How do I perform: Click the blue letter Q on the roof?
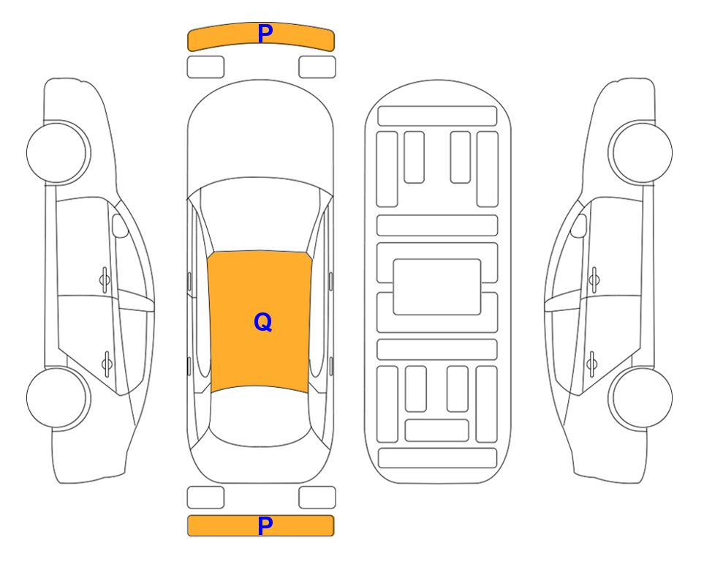[263, 322]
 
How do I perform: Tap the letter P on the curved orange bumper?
[265, 34]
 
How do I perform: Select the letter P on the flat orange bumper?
[265, 525]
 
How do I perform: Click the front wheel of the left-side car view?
[58, 152]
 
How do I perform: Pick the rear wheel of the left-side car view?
[58, 397]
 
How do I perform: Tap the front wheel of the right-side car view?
[641, 152]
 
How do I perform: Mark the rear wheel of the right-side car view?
[641, 397]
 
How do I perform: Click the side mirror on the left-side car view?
[119, 225]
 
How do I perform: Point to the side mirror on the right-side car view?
[579, 225]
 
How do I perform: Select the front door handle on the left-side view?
[105, 280]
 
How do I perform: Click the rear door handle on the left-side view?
[107, 363]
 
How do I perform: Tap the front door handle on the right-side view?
[594, 280]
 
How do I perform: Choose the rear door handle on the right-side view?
[591, 363]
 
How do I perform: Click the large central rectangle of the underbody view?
[437, 287]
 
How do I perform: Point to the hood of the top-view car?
[260, 130]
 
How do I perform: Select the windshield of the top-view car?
[260, 216]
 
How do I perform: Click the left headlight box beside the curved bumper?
[205, 67]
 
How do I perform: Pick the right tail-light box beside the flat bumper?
[317, 498]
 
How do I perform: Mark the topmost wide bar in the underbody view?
[437, 116]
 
